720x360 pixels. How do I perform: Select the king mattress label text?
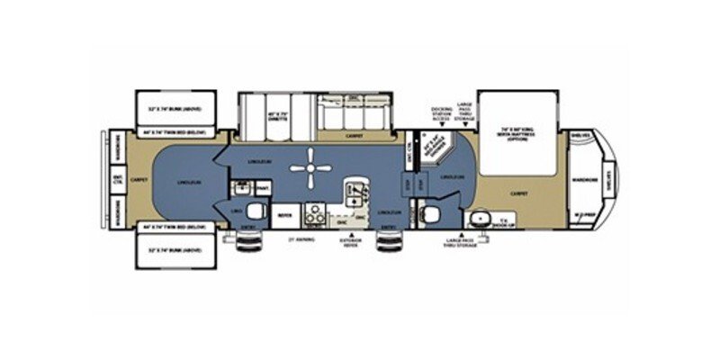(516, 132)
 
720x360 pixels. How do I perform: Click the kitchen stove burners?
(316, 214)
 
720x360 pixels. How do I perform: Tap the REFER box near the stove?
(284, 216)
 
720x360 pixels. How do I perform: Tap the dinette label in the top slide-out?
(251, 116)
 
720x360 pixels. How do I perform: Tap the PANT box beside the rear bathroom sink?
(264, 187)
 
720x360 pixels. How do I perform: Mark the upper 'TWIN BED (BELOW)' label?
(176, 132)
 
